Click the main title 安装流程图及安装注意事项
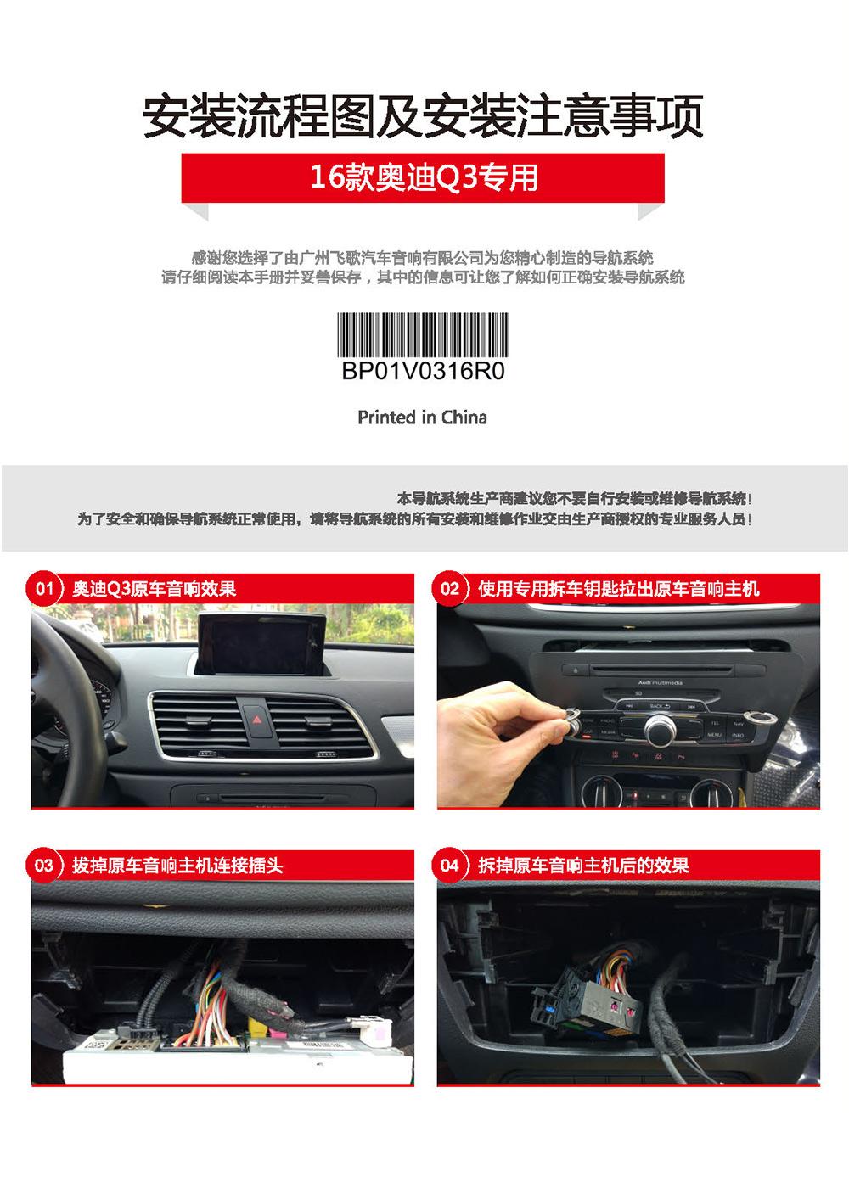(x=423, y=115)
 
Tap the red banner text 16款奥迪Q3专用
(x=424, y=177)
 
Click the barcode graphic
(x=423, y=334)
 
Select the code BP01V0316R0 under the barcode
(x=423, y=371)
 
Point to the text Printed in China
(x=422, y=418)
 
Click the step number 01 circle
(x=44, y=588)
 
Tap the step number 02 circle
(x=450, y=588)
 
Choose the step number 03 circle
(x=44, y=865)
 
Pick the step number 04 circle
(x=450, y=865)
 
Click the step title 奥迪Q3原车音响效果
(x=154, y=589)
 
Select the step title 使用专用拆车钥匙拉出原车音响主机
(x=619, y=589)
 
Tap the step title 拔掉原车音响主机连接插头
(x=177, y=866)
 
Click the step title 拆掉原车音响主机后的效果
(x=583, y=866)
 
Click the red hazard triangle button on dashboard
(x=257, y=720)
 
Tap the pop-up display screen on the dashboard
(x=261, y=644)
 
